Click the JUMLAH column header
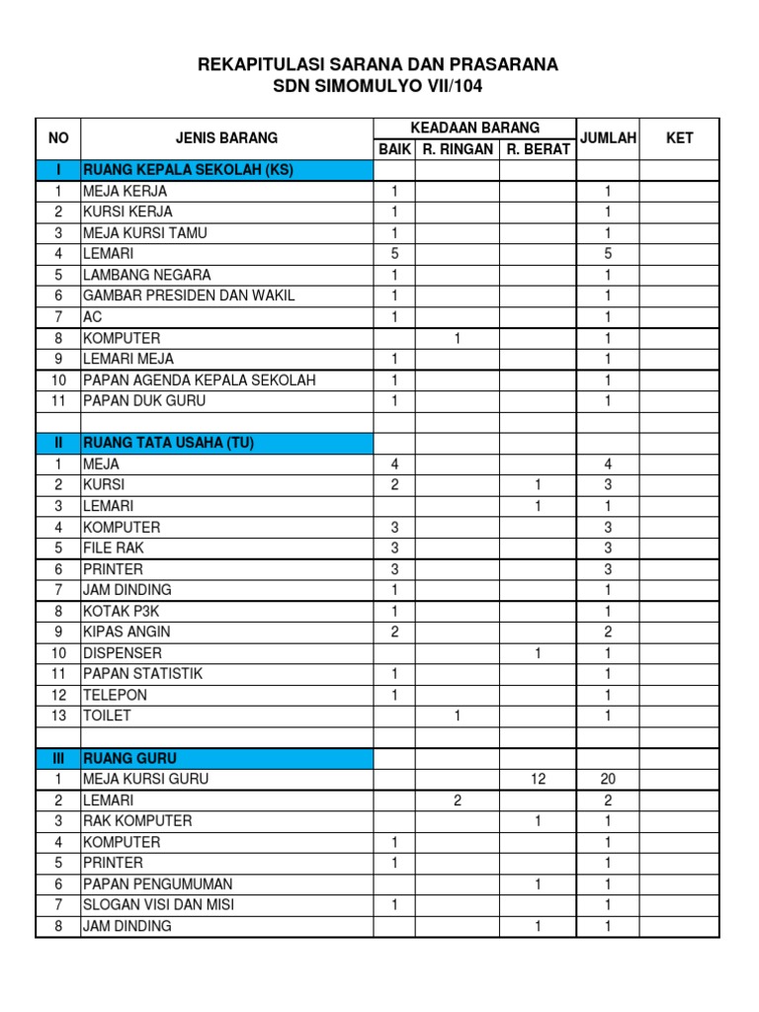(609, 138)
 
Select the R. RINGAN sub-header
(458, 149)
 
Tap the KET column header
(679, 138)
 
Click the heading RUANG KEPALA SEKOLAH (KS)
(189, 170)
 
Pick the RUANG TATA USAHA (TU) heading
(169, 443)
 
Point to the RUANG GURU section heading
(130, 758)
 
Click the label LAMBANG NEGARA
(147, 275)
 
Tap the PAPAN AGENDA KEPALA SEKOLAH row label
(201, 380)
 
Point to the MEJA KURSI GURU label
(146, 779)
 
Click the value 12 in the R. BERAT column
(538, 779)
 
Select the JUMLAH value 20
(608, 779)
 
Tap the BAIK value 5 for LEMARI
(394, 254)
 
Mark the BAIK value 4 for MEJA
(394, 464)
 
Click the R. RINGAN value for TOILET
(458, 716)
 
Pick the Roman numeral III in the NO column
(58, 758)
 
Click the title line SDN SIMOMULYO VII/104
(379, 87)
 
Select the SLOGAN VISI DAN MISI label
(159, 904)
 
